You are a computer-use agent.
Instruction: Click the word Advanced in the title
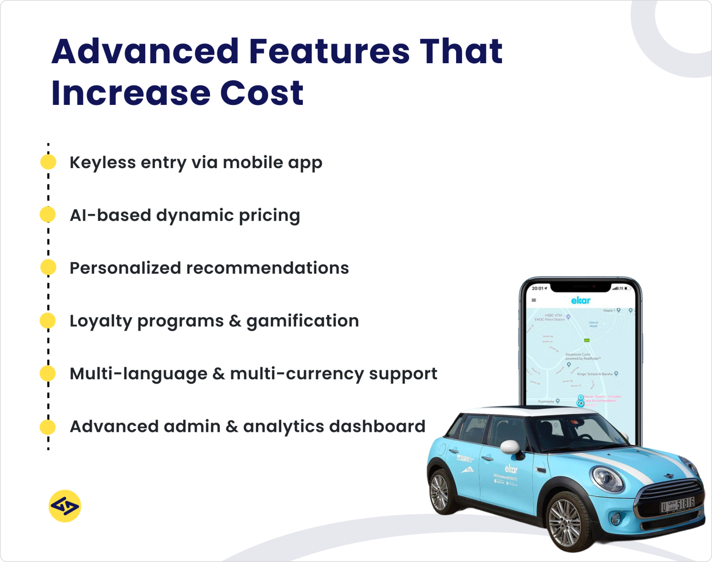click(x=145, y=52)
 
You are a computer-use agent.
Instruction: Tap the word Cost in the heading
click(x=262, y=93)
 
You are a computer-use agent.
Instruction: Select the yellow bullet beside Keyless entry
click(x=48, y=162)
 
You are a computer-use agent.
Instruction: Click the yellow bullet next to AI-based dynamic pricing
click(x=48, y=214)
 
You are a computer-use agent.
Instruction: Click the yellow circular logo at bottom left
click(x=65, y=506)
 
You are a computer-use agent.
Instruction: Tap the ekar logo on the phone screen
click(x=581, y=300)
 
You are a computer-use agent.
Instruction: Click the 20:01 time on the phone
click(x=539, y=288)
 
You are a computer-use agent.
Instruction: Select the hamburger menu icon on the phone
click(x=534, y=300)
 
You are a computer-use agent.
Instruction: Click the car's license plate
click(x=677, y=505)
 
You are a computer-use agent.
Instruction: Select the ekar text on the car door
click(x=511, y=468)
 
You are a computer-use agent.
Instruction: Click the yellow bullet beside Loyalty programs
click(x=48, y=321)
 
